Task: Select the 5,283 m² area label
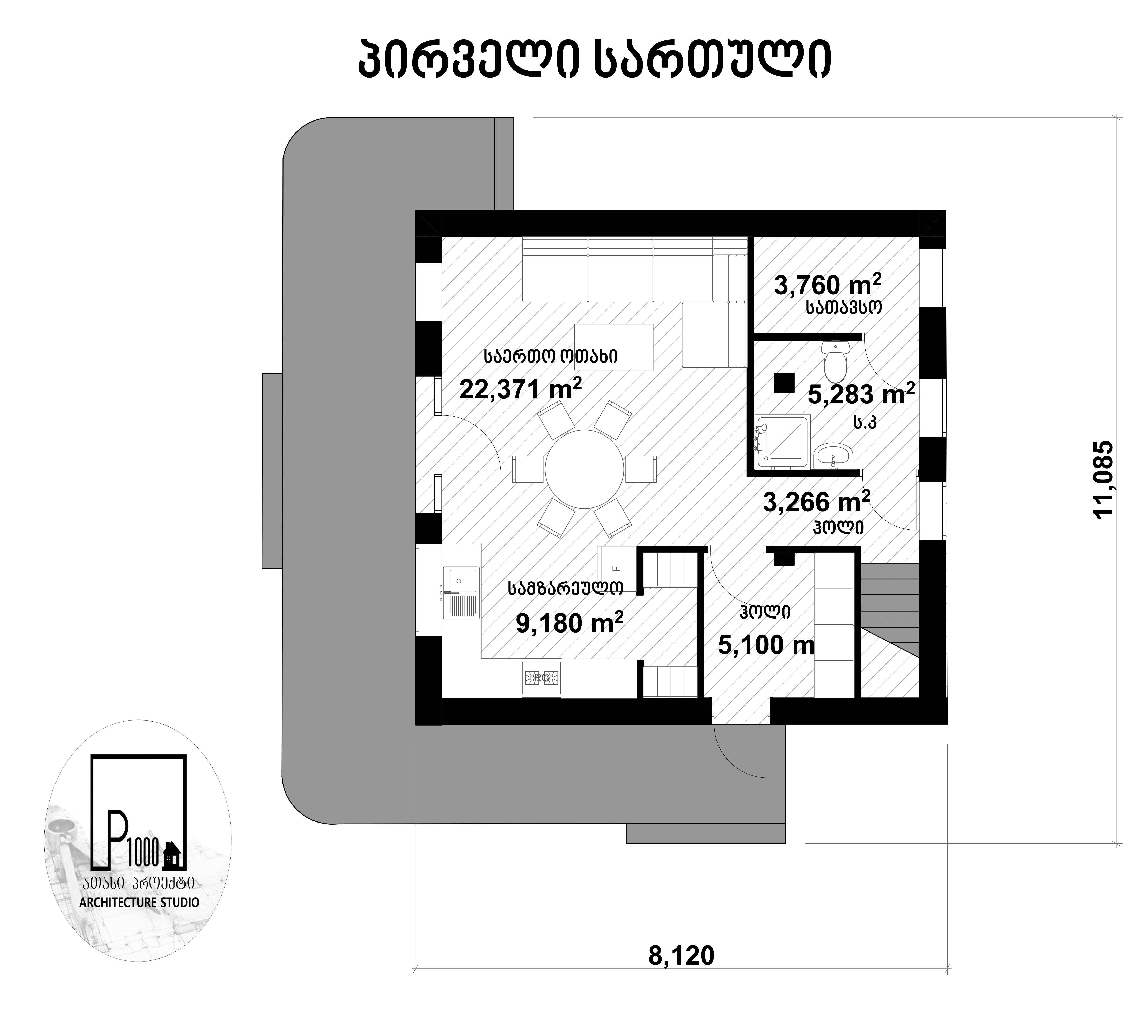click(x=861, y=394)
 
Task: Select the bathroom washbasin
click(x=833, y=456)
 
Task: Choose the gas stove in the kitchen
click(x=541, y=678)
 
